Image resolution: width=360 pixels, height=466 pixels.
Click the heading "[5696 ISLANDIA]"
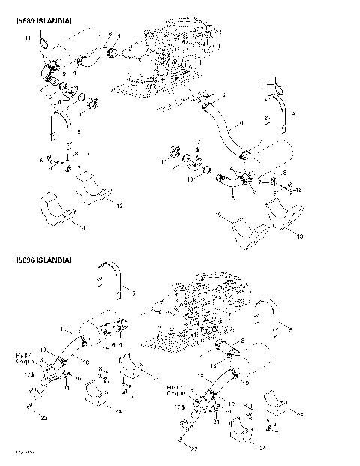(43, 260)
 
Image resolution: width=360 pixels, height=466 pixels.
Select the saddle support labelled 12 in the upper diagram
(91, 188)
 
